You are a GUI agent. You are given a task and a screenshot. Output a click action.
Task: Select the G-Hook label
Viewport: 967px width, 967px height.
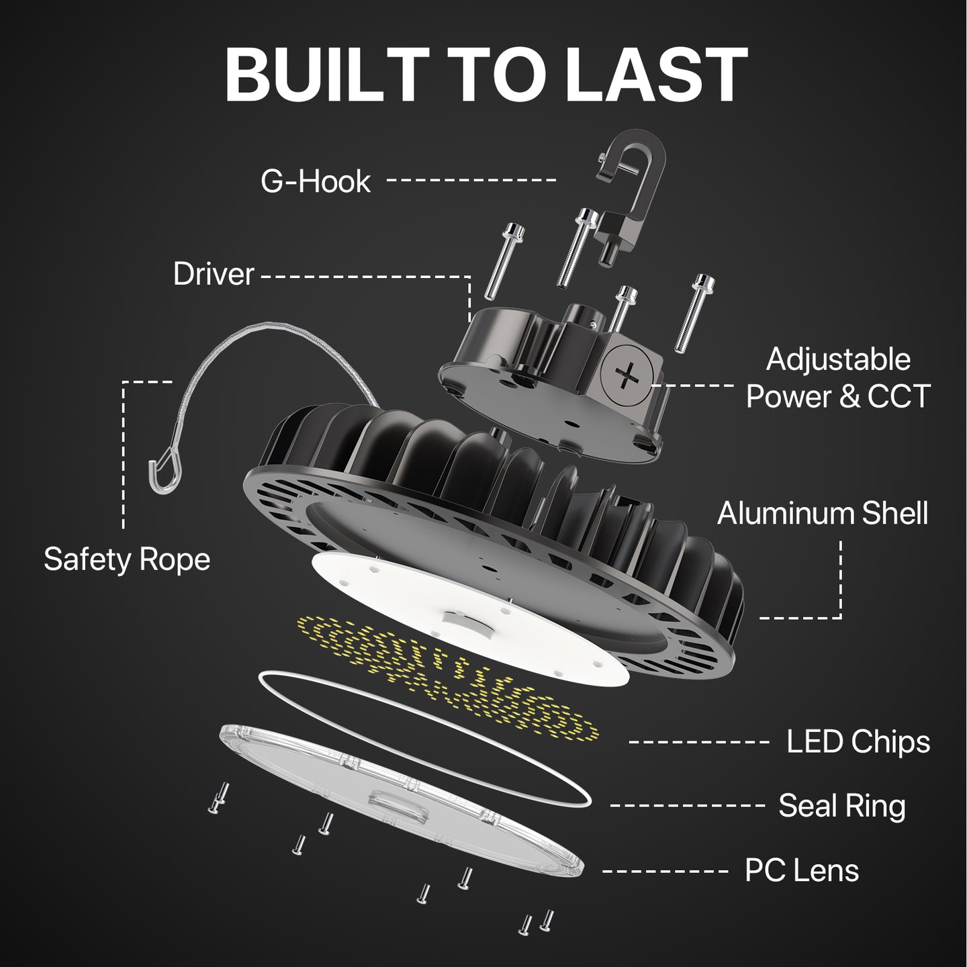click(x=316, y=181)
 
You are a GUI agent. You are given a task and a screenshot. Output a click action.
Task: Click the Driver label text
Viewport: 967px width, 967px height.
click(x=214, y=274)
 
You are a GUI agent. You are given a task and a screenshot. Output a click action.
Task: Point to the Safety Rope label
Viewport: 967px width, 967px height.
click(x=127, y=559)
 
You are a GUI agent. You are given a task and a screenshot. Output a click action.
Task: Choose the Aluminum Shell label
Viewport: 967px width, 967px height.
click(x=823, y=514)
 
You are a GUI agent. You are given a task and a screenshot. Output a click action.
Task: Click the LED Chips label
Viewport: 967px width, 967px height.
click(x=858, y=742)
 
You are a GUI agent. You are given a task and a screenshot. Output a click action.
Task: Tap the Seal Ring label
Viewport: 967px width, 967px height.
click(x=841, y=805)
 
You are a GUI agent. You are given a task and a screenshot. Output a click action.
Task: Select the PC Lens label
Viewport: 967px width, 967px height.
click(x=802, y=870)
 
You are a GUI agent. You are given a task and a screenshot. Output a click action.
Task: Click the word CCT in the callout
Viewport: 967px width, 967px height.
click(x=899, y=396)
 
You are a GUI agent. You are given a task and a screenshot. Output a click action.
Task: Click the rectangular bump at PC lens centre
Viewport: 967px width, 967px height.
click(x=396, y=802)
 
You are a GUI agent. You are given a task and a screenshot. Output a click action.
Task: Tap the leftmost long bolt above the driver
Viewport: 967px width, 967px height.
click(x=504, y=262)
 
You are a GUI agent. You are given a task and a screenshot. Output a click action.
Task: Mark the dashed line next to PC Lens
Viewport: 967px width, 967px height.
click(x=665, y=872)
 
